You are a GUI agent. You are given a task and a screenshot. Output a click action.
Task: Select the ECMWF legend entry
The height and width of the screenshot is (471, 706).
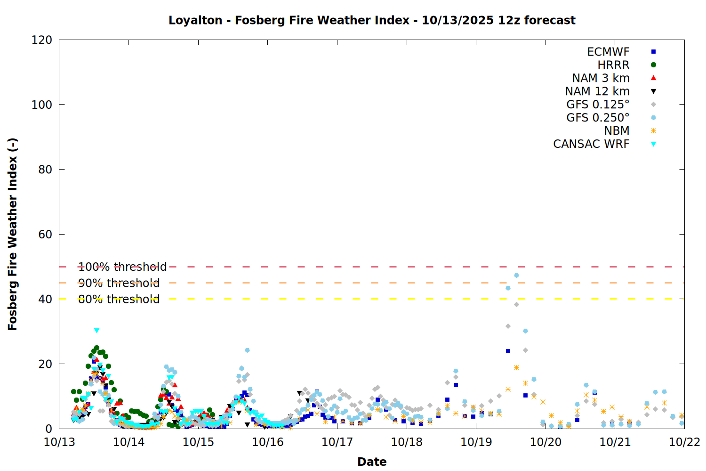click(x=608, y=52)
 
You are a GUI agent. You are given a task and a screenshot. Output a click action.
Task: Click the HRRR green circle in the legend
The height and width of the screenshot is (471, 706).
click(x=653, y=65)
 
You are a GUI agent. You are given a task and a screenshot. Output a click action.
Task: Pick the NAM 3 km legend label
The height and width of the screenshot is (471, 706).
click(x=601, y=78)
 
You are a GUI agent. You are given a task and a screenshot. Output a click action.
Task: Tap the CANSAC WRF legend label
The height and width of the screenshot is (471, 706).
click(x=591, y=144)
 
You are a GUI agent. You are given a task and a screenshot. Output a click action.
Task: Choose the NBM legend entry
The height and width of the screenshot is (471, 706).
click(x=617, y=131)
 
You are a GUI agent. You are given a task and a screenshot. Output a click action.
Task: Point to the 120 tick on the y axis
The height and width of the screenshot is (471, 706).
click(x=42, y=40)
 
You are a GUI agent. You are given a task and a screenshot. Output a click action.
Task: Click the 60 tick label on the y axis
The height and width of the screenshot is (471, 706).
click(x=45, y=234)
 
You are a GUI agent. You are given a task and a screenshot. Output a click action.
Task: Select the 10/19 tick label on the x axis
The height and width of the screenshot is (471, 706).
click(x=476, y=442)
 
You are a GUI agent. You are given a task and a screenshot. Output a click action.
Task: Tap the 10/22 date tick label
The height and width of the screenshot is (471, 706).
click(x=684, y=442)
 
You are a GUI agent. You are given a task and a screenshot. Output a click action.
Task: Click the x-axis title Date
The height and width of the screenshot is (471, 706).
click(x=372, y=462)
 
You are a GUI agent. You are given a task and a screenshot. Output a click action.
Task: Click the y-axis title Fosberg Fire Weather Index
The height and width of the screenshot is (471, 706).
click(x=13, y=234)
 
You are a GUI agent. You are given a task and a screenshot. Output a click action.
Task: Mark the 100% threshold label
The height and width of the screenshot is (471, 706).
click(x=122, y=267)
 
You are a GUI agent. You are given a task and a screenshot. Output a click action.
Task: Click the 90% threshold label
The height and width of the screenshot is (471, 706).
click(x=119, y=283)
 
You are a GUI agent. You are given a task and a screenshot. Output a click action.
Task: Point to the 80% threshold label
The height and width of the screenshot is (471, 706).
click(x=119, y=299)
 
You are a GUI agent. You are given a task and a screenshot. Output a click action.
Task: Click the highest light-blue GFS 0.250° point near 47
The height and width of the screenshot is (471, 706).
click(x=516, y=276)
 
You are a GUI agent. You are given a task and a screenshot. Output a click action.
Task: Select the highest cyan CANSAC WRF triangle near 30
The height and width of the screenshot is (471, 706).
click(x=96, y=331)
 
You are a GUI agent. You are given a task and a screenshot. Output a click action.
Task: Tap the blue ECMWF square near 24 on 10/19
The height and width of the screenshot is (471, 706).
click(x=508, y=351)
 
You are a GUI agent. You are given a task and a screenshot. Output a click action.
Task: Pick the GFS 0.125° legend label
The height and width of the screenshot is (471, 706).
click(x=598, y=105)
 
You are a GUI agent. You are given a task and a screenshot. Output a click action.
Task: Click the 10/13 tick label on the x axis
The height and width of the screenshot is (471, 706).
click(x=59, y=442)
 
